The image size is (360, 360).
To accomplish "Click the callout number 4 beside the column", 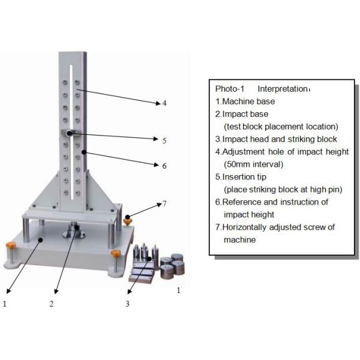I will click(164, 103).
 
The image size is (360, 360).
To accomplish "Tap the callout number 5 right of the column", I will click(164, 140).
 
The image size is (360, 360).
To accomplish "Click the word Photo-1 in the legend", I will click(229, 89).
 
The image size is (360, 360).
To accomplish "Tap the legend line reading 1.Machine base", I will click(247, 102).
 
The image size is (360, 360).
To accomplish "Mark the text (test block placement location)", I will click(281, 127).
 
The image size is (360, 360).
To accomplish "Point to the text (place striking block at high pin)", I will click(283, 190).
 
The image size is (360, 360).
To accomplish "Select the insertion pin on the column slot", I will click(70, 133).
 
